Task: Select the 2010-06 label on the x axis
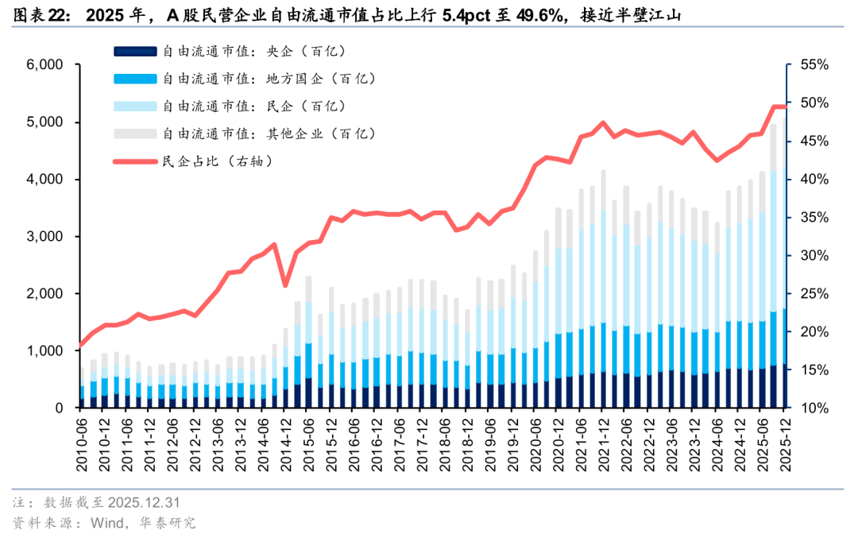click(x=82, y=440)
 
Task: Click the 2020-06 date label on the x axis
click(x=535, y=440)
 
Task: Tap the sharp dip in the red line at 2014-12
click(x=285, y=286)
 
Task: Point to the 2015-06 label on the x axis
click(x=308, y=440)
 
